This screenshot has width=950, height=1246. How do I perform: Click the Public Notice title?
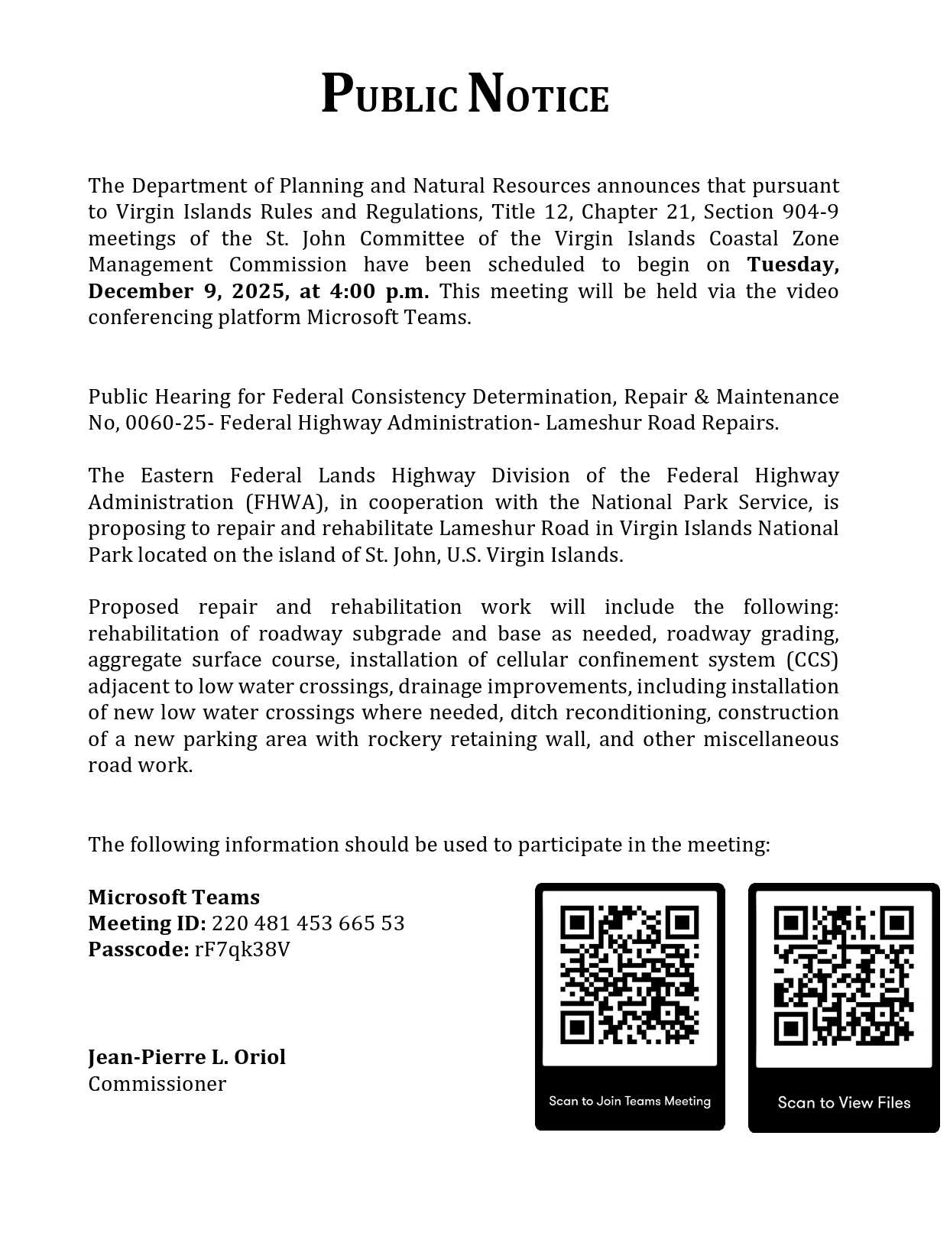tap(465, 96)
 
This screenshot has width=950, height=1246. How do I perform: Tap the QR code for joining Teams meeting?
tap(629, 975)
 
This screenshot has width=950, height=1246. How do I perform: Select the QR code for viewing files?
tap(843, 975)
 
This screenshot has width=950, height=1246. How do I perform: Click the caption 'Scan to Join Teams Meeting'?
tap(629, 1102)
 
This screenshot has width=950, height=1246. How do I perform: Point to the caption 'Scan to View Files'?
tap(844, 1102)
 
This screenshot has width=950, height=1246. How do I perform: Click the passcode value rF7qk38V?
tap(242, 949)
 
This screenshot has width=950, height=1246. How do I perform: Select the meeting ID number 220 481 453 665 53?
tap(308, 923)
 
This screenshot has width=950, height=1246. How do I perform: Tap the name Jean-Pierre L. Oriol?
tap(186, 1057)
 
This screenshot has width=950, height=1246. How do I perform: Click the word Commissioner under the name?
tap(157, 1084)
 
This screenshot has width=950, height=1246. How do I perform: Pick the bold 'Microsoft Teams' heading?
tap(173, 897)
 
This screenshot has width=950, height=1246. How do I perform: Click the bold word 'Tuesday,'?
tap(793, 264)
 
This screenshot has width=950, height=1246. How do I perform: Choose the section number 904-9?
tap(810, 212)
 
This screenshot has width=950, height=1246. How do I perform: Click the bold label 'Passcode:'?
tap(138, 949)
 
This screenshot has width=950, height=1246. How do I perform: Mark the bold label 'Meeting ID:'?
tap(147, 923)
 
